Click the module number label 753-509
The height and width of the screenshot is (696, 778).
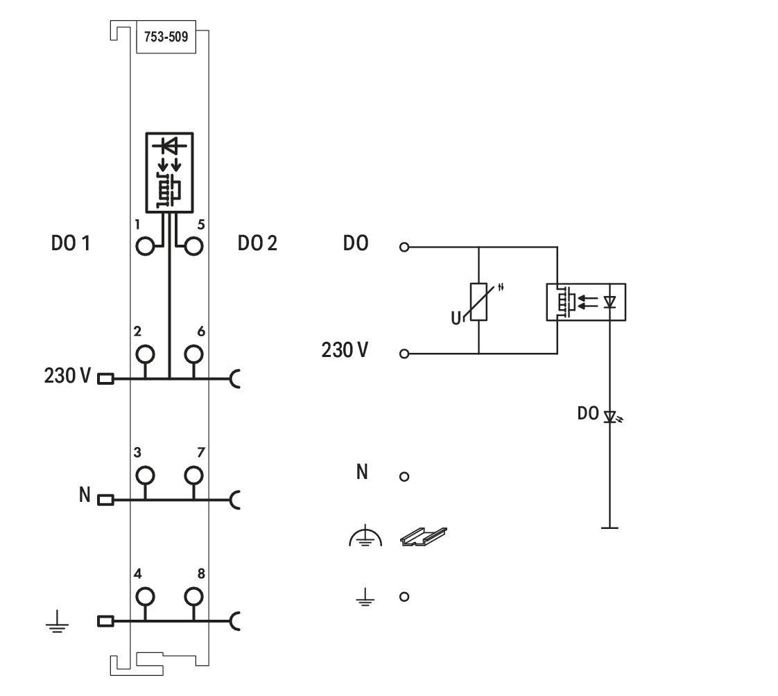(x=166, y=37)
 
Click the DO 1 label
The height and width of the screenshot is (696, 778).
(x=71, y=243)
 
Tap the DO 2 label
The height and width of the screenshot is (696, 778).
(x=257, y=243)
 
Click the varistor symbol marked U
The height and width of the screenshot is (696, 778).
(x=478, y=302)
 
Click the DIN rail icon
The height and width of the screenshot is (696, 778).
(x=423, y=537)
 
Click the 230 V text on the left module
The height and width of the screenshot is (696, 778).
(x=67, y=376)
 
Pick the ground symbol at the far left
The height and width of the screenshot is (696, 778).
(x=57, y=623)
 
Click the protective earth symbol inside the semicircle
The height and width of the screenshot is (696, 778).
(x=365, y=536)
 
